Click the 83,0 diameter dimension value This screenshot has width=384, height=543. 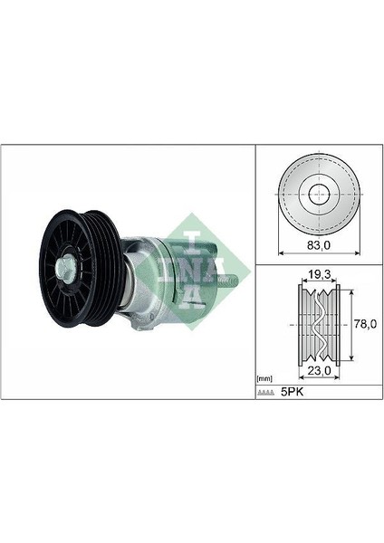(319, 245)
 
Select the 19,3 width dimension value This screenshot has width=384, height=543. (318, 274)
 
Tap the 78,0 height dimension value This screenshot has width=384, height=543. (365, 324)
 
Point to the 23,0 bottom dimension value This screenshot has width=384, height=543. (320, 370)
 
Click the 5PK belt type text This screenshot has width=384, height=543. (292, 392)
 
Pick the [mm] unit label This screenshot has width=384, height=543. (264, 379)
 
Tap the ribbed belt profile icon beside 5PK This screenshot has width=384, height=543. (266, 393)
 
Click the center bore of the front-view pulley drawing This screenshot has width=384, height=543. (319, 195)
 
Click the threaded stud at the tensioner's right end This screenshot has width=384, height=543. (230, 280)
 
